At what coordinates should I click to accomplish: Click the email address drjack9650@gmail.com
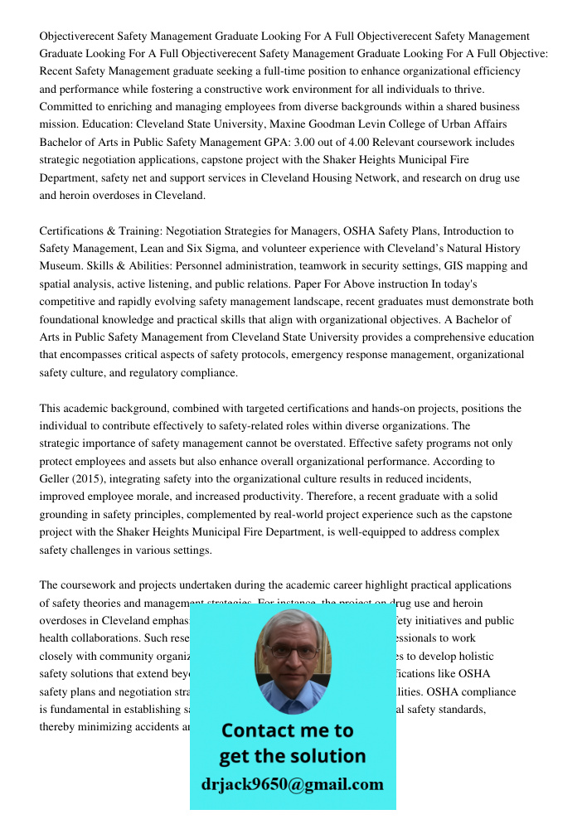pyautogui.click(x=292, y=784)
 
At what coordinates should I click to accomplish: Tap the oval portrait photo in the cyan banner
pyautogui.click(x=292, y=662)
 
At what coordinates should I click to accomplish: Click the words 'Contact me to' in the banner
pyautogui.click(x=287, y=730)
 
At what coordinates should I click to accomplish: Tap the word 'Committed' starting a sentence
pyautogui.click(x=66, y=107)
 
